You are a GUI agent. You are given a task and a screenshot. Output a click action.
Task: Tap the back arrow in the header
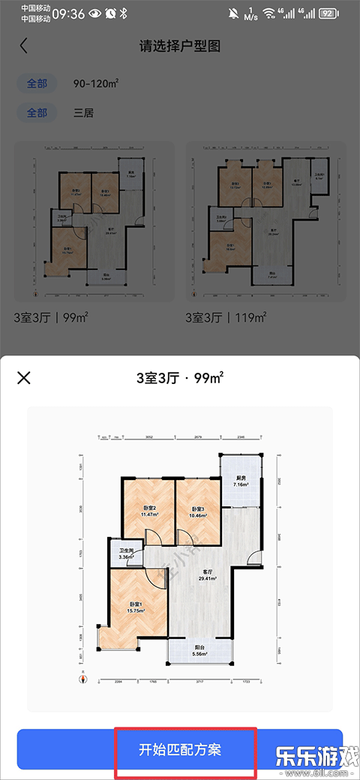pos(23,46)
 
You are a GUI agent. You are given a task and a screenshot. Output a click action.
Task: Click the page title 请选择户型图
pos(180,46)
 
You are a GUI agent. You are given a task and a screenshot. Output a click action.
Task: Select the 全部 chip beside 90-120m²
pos(37,83)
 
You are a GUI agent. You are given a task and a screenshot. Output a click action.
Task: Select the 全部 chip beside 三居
pos(37,113)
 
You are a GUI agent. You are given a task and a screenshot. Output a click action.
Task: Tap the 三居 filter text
pos(84,113)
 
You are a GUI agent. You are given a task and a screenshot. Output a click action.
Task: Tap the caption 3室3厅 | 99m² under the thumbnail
pos(51,318)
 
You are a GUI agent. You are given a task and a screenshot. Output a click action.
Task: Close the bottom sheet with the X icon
pos(24,377)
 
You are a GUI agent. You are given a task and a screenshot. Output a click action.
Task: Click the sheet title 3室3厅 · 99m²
pos(180,377)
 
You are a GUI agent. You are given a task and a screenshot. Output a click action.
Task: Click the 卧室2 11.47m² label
pos(148,512)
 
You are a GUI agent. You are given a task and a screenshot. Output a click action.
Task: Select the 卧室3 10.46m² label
pos(198,512)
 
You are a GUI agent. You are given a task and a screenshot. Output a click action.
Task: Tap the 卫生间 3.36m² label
pos(127,554)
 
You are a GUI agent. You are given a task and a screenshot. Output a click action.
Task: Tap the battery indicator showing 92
pos(328,13)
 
